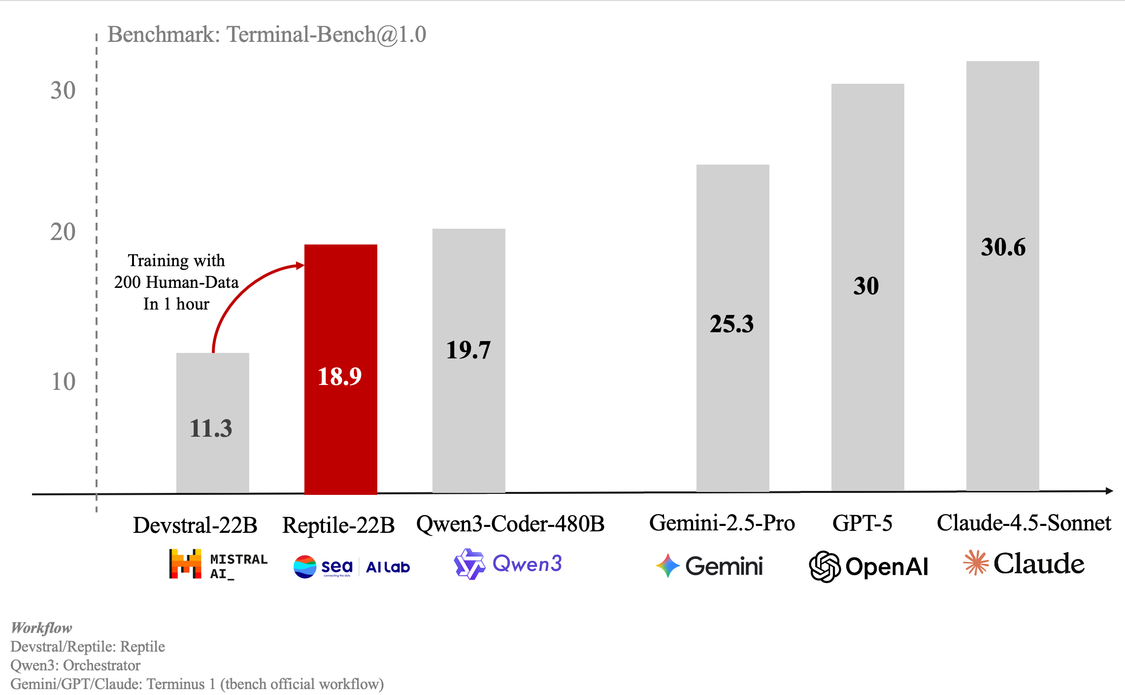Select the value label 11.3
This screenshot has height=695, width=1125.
pyautogui.click(x=211, y=428)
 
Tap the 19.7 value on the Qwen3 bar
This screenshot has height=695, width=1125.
pyautogui.click(x=468, y=350)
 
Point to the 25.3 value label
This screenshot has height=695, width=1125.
pyautogui.click(x=732, y=324)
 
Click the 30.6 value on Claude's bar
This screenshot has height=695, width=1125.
pyautogui.click(x=1003, y=247)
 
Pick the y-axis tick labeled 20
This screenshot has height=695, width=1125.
pyautogui.click(x=63, y=232)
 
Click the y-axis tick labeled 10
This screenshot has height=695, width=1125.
pyautogui.click(x=63, y=382)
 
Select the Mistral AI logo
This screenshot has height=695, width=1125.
pyautogui.click(x=218, y=564)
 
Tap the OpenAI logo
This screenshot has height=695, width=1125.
pyautogui.click(x=869, y=566)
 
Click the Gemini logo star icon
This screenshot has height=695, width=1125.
pyautogui.click(x=668, y=565)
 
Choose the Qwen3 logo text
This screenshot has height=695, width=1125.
pyautogui.click(x=527, y=563)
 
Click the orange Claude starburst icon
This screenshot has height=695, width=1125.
pyautogui.click(x=976, y=563)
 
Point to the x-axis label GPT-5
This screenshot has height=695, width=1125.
pyautogui.click(x=862, y=523)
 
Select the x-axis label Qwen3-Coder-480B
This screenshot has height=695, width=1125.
pyautogui.click(x=510, y=523)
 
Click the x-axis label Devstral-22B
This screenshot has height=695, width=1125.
pyautogui.click(x=195, y=525)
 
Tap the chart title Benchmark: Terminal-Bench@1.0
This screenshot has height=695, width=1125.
pyautogui.click(x=266, y=35)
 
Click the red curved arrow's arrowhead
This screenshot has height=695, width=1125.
pyautogui.click(x=300, y=266)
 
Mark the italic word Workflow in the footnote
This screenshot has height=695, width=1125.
pyautogui.click(x=41, y=628)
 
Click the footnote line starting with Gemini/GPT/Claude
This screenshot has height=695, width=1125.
pyautogui.click(x=197, y=684)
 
